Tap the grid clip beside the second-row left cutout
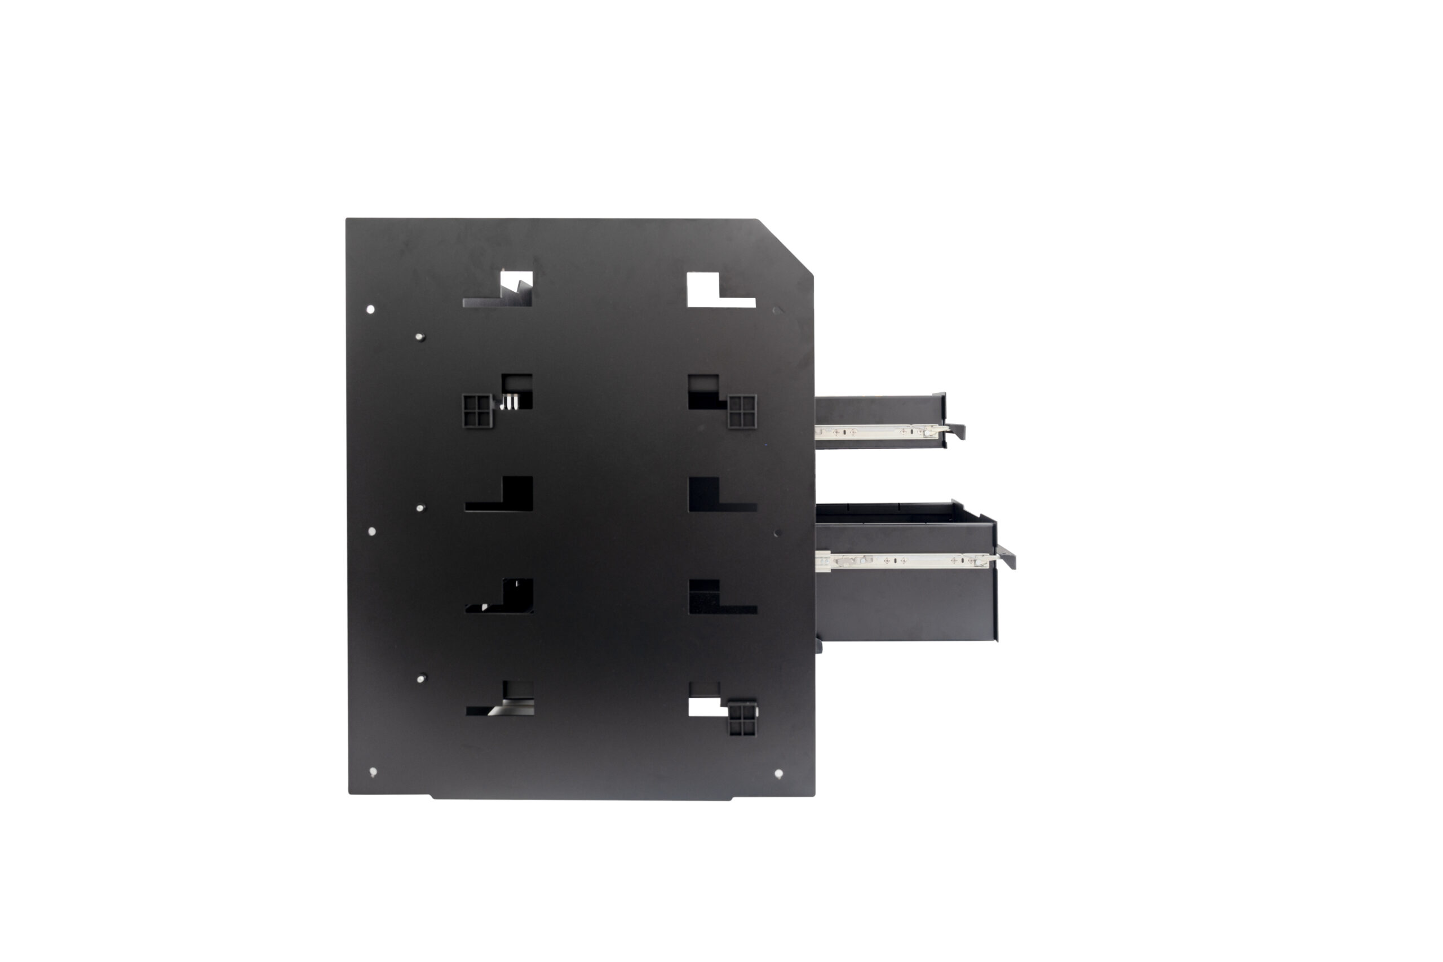tap(477, 410)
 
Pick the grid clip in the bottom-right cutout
tap(742, 720)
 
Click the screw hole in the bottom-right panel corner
tap(778, 774)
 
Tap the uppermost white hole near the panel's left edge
tap(370, 309)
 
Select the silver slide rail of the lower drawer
tap(902, 560)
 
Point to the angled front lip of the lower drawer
tap(1006, 556)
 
